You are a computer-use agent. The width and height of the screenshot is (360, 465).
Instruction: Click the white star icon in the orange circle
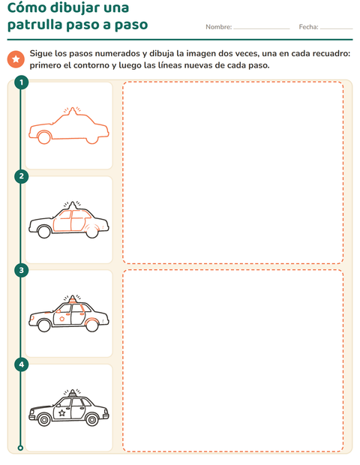16,59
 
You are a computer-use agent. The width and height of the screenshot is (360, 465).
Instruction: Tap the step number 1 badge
21,82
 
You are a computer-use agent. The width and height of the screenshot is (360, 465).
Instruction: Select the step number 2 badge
21,176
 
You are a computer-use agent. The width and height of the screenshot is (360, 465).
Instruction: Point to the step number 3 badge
21,270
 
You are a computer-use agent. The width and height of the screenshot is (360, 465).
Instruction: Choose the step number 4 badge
21,364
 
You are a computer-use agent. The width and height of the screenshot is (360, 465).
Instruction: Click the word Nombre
218,27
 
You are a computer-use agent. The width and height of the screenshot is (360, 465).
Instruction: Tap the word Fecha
308,27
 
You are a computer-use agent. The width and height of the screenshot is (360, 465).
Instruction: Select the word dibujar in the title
74,8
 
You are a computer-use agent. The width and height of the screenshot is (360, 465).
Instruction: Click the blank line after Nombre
262,28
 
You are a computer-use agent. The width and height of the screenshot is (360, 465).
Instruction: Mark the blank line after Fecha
337,28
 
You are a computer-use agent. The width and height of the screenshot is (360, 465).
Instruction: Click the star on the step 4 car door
62,412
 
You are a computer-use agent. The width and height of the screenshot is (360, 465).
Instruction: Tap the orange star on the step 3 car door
62,319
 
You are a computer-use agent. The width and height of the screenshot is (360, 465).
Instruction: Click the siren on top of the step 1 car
72,110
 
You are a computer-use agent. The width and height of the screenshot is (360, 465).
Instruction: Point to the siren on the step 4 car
72,393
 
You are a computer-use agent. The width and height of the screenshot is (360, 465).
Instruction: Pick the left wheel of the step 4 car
44,419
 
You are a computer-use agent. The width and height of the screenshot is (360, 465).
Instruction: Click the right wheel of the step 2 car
92,231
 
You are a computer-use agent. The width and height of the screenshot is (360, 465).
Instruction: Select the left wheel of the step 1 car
44,137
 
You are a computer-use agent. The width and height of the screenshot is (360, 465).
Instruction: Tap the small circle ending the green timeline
20,448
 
